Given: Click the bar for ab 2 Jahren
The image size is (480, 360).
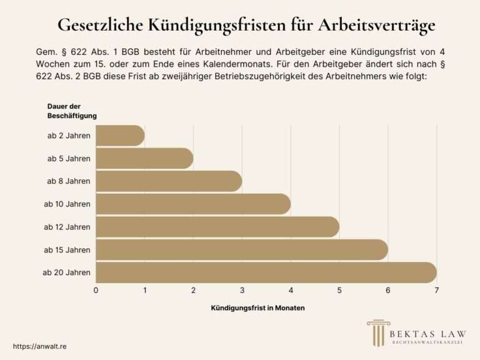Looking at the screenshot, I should click(x=120, y=136).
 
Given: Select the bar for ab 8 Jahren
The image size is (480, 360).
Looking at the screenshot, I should click(x=169, y=181).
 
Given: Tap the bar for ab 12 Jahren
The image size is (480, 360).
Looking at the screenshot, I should click(x=217, y=227).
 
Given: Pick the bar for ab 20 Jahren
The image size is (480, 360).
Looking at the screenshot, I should click(x=266, y=272).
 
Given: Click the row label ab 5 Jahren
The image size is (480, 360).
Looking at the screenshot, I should click(x=69, y=159).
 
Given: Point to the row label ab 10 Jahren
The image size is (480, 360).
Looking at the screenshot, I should click(x=67, y=204).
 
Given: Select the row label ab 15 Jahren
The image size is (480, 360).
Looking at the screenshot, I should click(x=67, y=250).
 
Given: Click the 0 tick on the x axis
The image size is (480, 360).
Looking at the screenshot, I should click(x=96, y=290).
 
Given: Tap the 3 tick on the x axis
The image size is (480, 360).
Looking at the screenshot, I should click(x=242, y=290).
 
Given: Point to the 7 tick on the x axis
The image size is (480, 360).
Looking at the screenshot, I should click(x=436, y=290).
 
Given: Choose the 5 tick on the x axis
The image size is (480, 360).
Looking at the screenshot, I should click(x=339, y=290).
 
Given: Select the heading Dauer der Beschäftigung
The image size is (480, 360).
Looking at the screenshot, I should click(x=72, y=111).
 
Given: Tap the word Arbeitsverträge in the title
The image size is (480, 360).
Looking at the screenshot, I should click(x=377, y=26).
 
